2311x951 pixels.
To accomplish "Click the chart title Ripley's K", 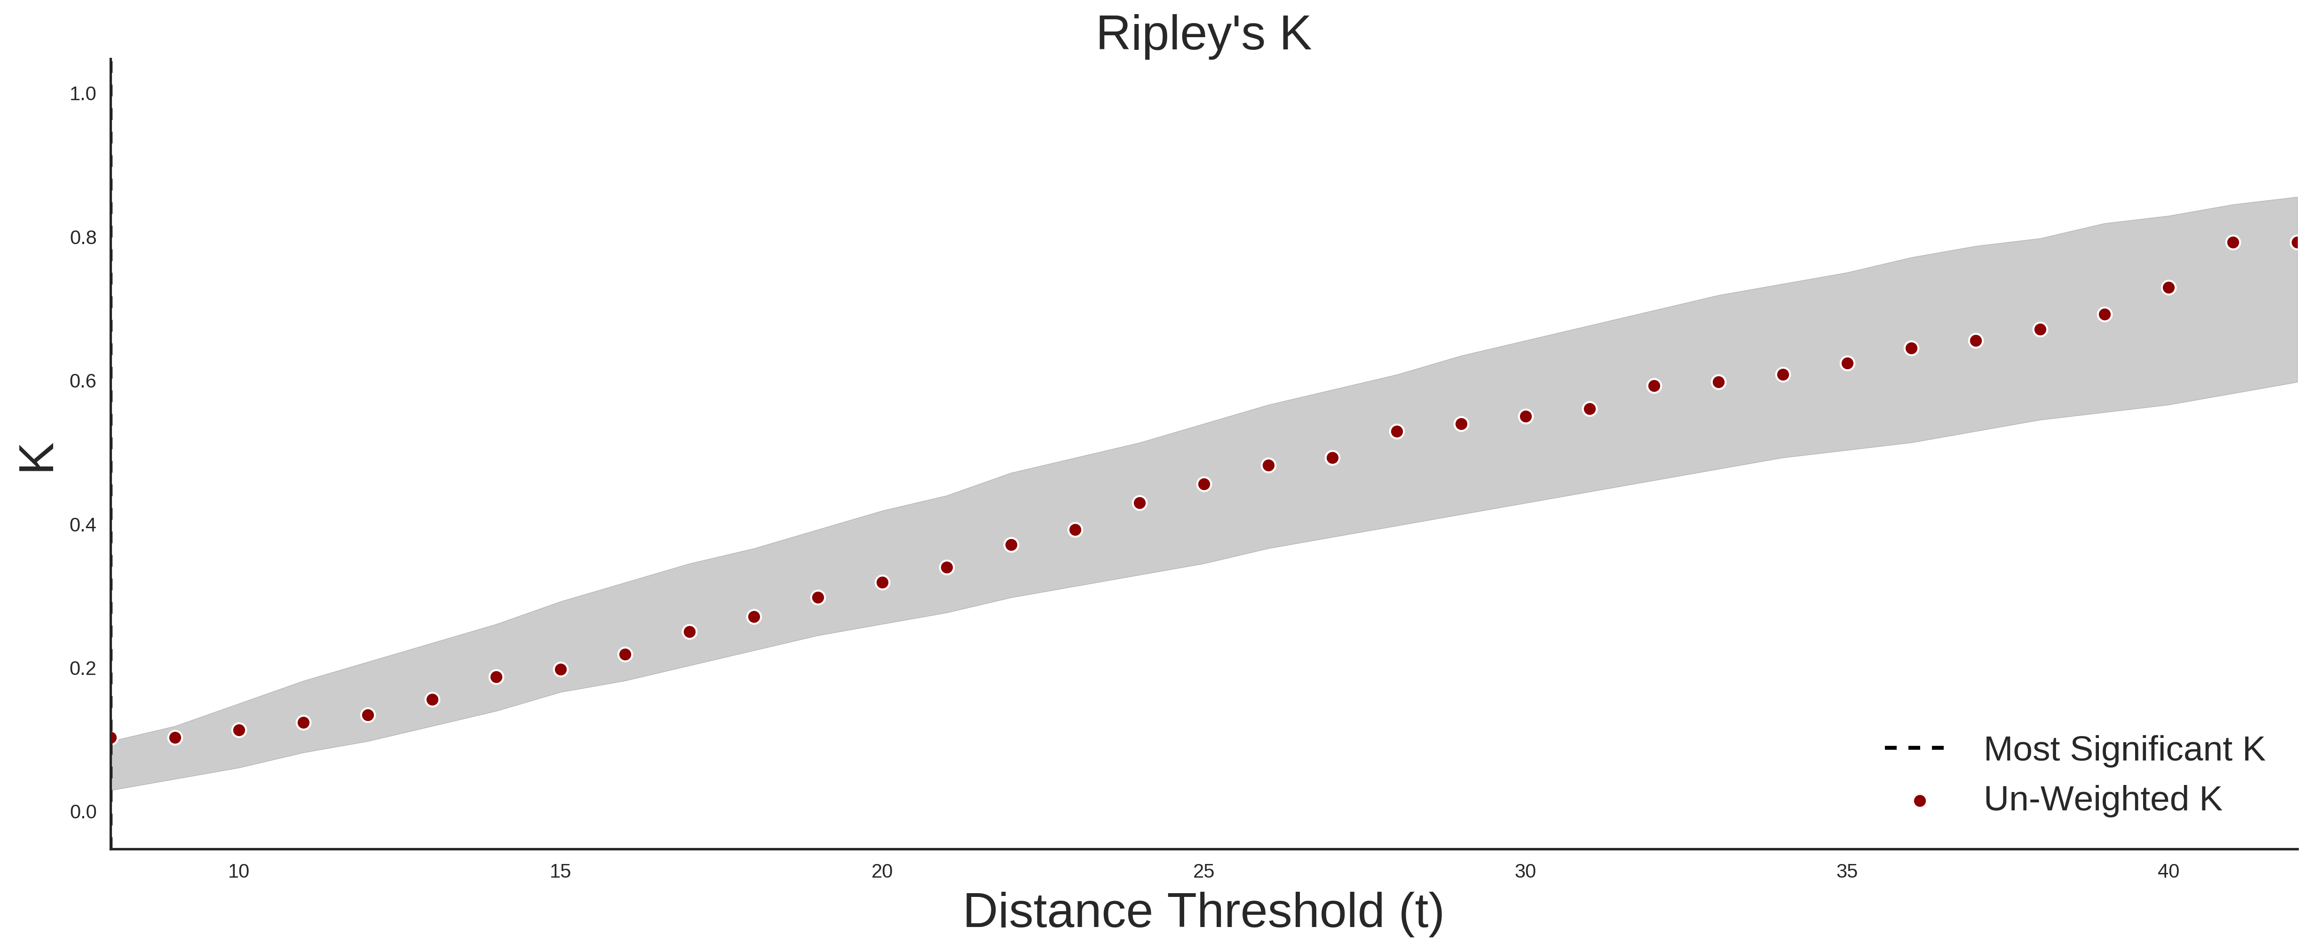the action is click(1203, 34).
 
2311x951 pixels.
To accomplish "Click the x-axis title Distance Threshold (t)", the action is click(1203, 911).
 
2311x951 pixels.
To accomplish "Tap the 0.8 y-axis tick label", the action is click(83, 238).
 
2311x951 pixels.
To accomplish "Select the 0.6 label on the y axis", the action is click(83, 381).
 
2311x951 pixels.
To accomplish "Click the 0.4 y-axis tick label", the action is click(83, 525).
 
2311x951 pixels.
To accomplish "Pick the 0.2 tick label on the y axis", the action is click(83, 668).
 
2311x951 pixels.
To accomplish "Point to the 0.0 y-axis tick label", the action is click(83, 812).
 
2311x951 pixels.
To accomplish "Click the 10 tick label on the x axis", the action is click(238, 871).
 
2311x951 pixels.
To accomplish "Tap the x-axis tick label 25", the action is click(1204, 871).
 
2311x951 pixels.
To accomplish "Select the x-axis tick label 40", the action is click(2169, 871).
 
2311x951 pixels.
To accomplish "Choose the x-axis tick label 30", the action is click(1525, 871).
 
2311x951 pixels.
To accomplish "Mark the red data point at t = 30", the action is click(1525, 416).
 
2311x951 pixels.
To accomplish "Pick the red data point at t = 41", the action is click(2233, 242).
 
